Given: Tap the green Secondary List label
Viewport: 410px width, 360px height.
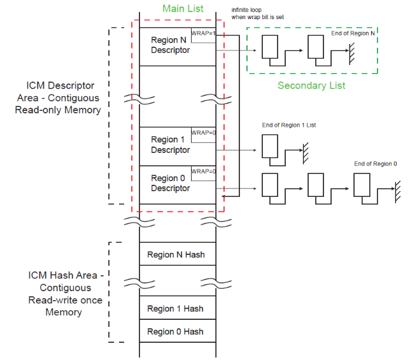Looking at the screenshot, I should coord(311,85).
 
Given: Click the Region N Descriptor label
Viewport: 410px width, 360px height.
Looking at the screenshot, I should coord(170,45).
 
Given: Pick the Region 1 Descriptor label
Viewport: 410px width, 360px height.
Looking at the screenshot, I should coord(170,145).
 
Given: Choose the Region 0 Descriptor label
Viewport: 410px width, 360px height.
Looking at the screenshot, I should coord(170,183).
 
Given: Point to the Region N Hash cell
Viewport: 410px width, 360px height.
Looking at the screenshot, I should coord(176,255).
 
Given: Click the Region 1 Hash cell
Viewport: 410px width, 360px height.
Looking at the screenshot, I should coord(176,308).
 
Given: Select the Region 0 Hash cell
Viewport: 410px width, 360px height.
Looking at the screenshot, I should coord(176,331).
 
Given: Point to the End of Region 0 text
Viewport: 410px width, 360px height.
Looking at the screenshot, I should coord(374,164).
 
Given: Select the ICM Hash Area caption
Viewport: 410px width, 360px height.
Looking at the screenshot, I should coord(64,294).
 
